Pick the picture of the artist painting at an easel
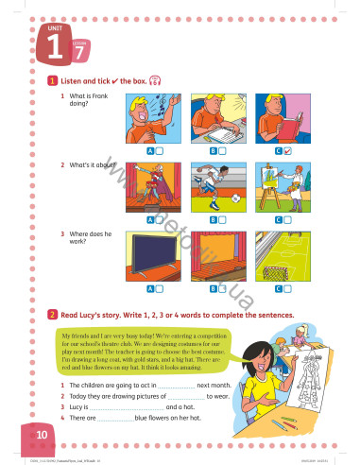[x=283, y=185]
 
